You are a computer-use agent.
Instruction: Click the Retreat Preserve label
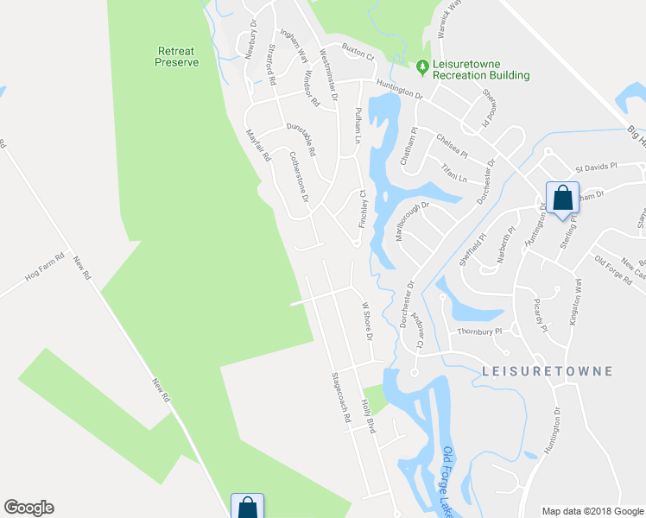pyautogui.click(x=177, y=56)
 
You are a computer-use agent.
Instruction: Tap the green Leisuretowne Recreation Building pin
pyautogui.click(x=421, y=66)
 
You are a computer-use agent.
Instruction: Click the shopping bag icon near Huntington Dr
pyautogui.click(x=562, y=198)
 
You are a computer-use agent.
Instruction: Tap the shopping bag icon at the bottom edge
pyautogui.click(x=247, y=507)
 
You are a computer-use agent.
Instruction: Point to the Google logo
pyautogui.click(x=28, y=508)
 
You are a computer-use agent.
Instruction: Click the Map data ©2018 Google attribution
pyautogui.click(x=592, y=511)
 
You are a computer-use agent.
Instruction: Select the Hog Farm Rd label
pyautogui.click(x=46, y=268)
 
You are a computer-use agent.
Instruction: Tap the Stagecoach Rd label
pyautogui.click(x=342, y=397)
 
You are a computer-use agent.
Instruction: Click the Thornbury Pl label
pyautogui.click(x=479, y=330)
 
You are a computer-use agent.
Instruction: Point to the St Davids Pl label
pyautogui.click(x=597, y=166)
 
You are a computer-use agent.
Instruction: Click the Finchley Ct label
pyautogui.click(x=364, y=210)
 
